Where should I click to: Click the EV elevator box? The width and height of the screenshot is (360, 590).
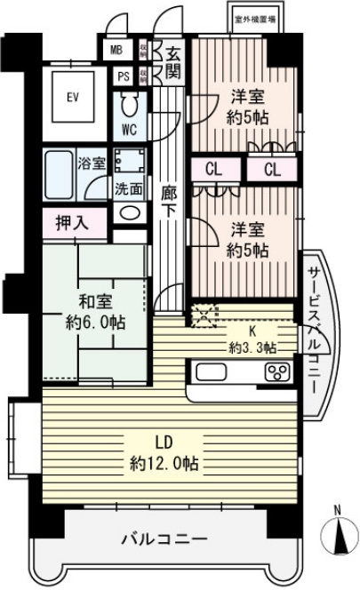[73, 96]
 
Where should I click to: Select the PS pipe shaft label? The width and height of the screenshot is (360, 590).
[123, 76]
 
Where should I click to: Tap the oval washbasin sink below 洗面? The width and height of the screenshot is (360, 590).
[128, 212]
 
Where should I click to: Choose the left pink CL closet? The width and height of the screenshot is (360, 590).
[213, 169]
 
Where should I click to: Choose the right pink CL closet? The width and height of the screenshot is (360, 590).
[271, 169]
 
